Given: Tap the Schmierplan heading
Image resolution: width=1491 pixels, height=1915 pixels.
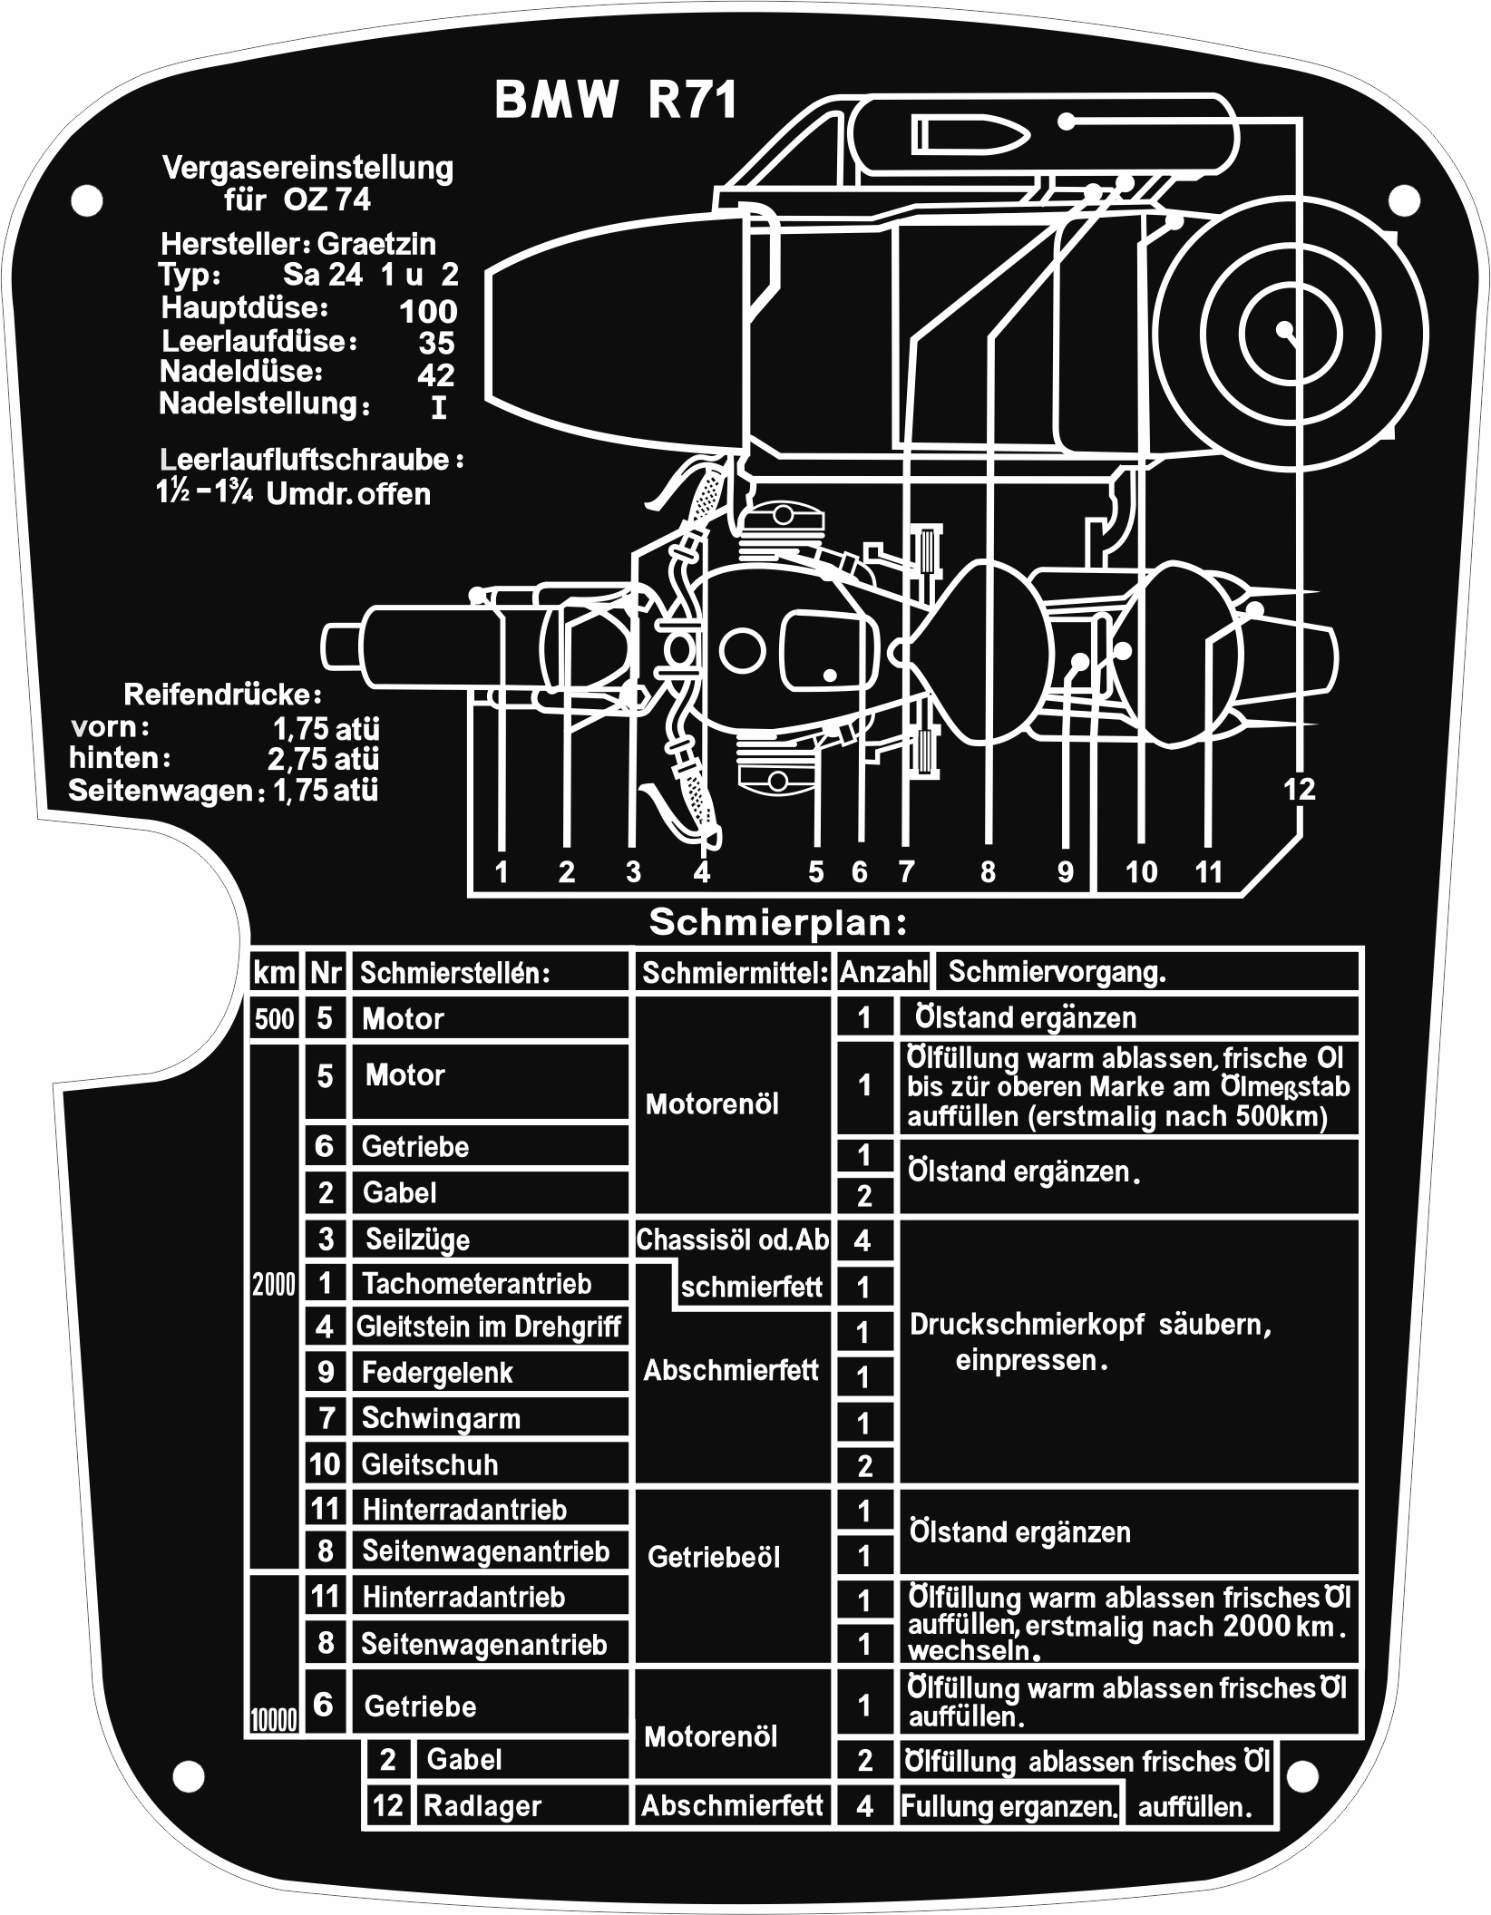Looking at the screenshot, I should (x=778, y=923).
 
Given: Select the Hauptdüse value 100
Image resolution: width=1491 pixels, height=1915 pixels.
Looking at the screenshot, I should (x=428, y=312).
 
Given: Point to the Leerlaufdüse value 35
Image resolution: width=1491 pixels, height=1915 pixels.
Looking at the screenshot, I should (x=436, y=343).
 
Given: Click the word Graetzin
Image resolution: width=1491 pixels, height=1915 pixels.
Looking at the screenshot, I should (x=376, y=244).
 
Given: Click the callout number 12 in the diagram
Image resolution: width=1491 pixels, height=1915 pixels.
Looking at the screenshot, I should (x=1299, y=789).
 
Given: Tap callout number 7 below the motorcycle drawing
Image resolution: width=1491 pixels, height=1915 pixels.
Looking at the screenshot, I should (x=905, y=872).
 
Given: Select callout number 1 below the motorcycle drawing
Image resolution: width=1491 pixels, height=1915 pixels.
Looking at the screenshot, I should (x=502, y=872).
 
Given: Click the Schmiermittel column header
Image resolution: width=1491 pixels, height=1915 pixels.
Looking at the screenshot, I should (x=735, y=974).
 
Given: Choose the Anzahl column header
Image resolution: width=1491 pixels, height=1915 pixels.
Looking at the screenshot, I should (x=883, y=973).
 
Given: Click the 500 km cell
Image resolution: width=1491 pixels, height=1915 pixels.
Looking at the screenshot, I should (x=275, y=1019).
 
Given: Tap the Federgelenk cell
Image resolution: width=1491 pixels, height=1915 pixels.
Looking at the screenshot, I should (x=437, y=1373).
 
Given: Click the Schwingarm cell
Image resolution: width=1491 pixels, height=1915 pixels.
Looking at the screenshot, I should (x=441, y=1418).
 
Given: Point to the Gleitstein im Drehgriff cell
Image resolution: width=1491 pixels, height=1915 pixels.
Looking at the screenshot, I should (x=488, y=1327).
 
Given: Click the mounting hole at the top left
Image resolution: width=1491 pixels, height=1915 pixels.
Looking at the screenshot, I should (x=86, y=200).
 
